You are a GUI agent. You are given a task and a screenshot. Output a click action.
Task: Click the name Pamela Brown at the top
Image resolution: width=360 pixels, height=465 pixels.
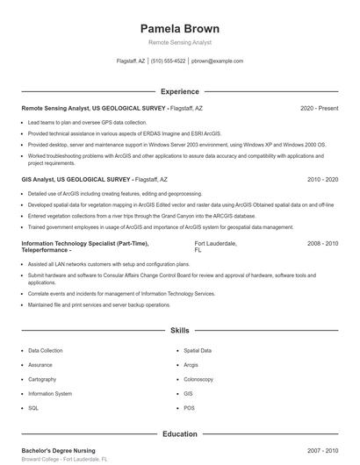[x=180, y=29]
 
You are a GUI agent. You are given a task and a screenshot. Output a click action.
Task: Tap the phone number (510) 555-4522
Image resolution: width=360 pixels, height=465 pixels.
[x=168, y=61]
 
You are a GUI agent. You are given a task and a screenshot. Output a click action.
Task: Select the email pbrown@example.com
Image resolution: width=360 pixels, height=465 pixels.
[x=217, y=61]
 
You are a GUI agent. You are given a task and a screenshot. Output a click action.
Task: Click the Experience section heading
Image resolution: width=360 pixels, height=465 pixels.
[x=180, y=91]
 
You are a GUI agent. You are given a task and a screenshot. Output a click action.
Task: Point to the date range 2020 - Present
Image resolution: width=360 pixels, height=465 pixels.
[x=319, y=108]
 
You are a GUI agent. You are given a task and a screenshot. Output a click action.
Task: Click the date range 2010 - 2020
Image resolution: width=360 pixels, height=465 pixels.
[x=322, y=179]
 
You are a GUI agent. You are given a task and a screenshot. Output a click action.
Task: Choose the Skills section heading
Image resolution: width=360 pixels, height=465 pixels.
[x=180, y=331]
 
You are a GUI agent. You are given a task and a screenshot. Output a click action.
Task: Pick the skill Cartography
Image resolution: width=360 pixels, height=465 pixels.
[x=42, y=379]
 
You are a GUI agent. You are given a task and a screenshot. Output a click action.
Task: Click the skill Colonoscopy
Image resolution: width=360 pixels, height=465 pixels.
[x=198, y=379]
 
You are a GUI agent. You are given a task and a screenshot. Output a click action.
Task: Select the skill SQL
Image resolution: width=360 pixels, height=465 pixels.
[x=33, y=408]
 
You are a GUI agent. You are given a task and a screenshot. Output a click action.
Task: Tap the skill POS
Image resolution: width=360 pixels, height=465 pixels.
[x=189, y=408]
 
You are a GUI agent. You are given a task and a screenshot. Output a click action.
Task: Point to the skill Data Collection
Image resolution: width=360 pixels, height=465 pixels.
[x=46, y=350]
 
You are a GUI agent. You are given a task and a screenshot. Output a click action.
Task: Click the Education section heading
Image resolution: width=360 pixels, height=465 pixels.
[x=180, y=433]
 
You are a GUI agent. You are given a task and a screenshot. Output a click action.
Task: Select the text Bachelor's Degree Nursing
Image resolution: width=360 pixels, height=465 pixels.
[x=59, y=450]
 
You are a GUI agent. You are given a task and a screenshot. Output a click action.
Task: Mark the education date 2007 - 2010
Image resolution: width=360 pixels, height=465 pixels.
[x=322, y=450]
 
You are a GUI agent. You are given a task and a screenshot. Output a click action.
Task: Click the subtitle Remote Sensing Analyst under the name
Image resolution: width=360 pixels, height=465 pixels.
[x=180, y=42]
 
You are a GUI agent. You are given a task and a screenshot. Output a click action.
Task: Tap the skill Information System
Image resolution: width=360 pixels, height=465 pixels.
[x=50, y=394]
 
